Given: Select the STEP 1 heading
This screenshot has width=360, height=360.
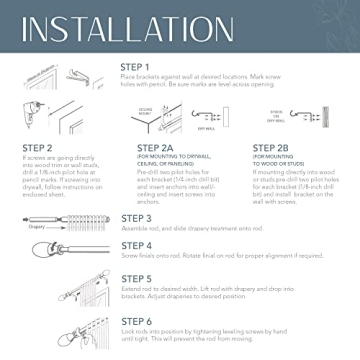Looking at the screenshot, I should click(136, 67).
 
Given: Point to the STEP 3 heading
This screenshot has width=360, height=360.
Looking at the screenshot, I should click(137, 218).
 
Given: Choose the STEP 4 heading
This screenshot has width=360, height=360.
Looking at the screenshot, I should click(137, 245).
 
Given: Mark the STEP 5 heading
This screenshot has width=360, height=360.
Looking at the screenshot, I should click(137, 279).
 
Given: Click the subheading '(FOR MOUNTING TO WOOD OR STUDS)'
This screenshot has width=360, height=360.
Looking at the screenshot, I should click(270, 162).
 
